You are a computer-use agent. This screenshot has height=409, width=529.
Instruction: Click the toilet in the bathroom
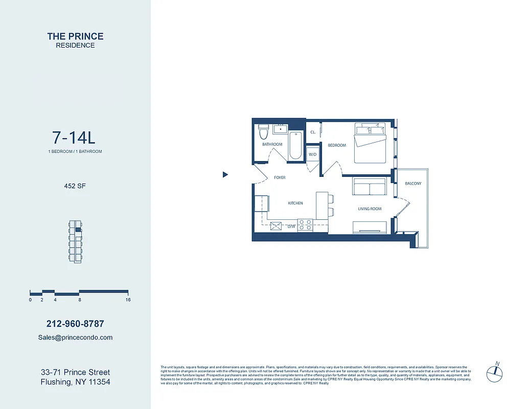(x=264, y=132)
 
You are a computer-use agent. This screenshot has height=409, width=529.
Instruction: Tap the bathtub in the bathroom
(x=295, y=146)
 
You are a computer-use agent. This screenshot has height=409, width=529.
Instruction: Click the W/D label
(x=312, y=154)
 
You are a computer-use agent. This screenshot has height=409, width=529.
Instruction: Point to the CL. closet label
(x=313, y=132)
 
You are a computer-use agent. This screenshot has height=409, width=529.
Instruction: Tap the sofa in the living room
(x=369, y=187)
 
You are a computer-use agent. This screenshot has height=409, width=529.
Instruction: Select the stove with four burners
(x=305, y=224)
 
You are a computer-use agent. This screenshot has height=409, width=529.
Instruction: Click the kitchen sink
(x=277, y=225)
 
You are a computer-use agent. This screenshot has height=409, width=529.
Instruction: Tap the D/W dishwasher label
(x=291, y=226)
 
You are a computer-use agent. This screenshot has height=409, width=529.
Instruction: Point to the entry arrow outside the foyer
(x=225, y=175)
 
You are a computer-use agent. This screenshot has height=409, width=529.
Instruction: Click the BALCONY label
(x=413, y=184)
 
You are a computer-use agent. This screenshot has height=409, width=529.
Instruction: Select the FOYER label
(x=280, y=177)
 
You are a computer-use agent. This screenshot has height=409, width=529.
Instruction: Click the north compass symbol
(x=495, y=372)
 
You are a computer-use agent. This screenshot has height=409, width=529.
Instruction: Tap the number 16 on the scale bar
(x=128, y=300)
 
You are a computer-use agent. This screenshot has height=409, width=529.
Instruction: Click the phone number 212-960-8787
(x=75, y=324)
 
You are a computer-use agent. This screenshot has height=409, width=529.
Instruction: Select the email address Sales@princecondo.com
(x=75, y=337)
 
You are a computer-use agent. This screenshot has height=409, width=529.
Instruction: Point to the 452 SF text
(x=75, y=186)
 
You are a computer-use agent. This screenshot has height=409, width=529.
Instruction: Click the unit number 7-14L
(x=74, y=138)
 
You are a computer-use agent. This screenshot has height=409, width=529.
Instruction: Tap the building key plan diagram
(x=75, y=242)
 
